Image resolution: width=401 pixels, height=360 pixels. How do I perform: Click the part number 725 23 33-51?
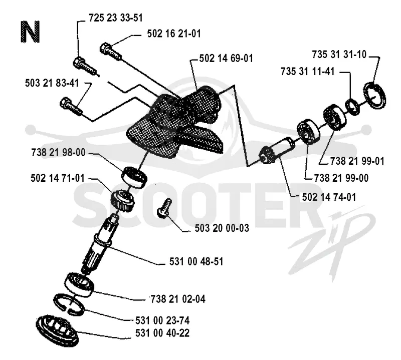(x=116, y=18)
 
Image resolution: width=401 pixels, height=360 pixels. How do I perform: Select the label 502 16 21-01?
(x=174, y=34)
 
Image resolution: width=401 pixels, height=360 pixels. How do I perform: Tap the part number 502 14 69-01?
(x=226, y=59)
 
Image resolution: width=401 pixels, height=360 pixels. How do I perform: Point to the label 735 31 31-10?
(x=339, y=55)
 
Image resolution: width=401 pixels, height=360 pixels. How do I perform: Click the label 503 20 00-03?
(x=222, y=228)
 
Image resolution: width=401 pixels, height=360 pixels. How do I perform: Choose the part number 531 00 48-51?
(x=196, y=262)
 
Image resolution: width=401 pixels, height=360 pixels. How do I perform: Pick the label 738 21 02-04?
(x=178, y=299)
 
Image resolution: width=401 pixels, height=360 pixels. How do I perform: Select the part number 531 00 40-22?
(x=162, y=333)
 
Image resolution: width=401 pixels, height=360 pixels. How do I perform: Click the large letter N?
(x=30, y=32)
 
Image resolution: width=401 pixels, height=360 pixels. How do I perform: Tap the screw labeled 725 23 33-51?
(x=85, y=66)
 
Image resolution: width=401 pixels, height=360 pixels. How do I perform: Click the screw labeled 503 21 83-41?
(x=71, y=106)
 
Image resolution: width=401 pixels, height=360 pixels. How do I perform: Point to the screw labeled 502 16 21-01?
(x=110, y=52)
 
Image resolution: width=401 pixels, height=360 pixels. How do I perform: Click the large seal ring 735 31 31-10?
(x=374, y=96)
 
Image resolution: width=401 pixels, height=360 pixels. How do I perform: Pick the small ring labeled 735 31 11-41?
(x=352, y=107)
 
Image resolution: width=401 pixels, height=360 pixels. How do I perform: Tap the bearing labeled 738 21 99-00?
(x=309, y=132)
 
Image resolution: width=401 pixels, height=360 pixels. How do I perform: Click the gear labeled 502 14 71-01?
(x=122, y=200)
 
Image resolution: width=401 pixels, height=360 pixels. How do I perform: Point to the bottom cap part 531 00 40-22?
(x=57, y=330)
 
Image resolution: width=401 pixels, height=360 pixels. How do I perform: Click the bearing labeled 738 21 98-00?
(x=134, y=177)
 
